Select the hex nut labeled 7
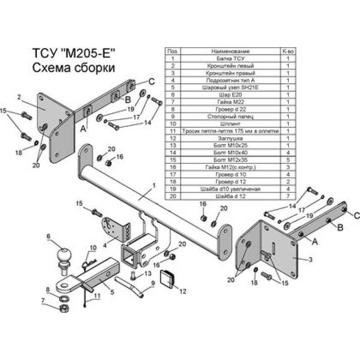(x=63, y=308)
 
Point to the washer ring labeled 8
(x=63, y=297)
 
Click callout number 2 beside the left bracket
(x=19, y=96)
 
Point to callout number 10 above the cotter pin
(x=93, y=248)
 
